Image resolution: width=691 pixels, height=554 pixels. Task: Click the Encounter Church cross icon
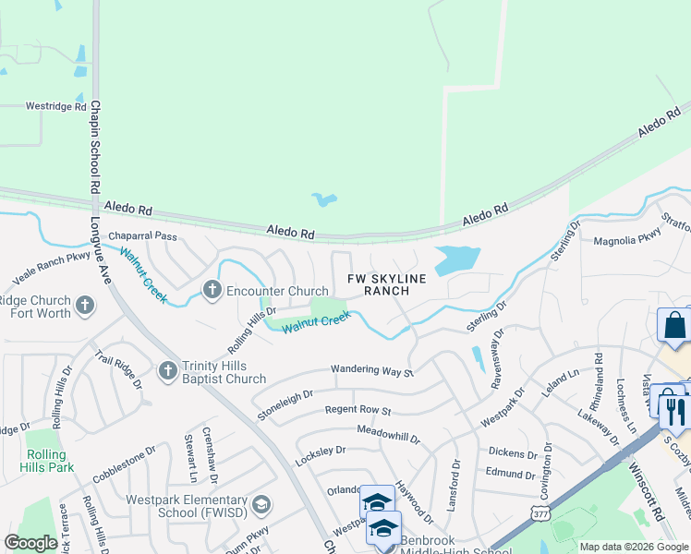[212, 291]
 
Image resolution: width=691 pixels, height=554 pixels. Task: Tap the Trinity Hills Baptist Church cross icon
[167, 370]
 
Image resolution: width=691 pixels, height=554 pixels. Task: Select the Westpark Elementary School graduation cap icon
[261, 503]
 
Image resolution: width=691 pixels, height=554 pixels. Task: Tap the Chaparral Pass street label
[142, 236]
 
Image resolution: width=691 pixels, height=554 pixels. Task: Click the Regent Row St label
[358, 410]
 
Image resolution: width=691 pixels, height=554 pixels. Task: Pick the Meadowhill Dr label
[388, 431]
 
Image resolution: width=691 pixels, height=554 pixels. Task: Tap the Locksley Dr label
[320, 451]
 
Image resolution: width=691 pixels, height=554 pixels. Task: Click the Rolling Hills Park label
[46, 461]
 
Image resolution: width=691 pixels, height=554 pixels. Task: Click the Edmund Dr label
[511, 472]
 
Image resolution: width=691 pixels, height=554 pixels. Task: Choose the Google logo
[30, 543]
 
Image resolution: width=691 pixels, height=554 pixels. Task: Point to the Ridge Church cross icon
[85, 305]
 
